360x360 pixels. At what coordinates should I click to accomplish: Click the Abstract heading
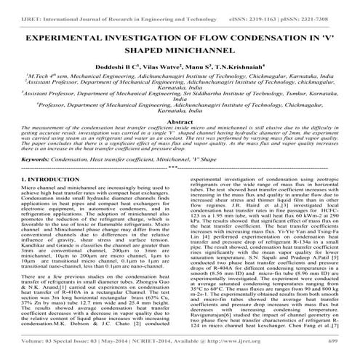pos(180,124)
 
